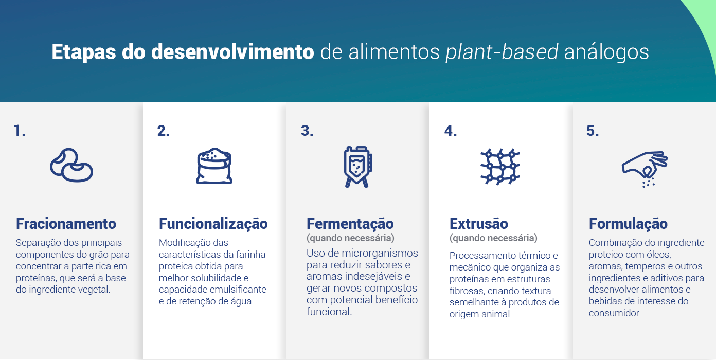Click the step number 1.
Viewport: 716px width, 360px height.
[x=20, y=131]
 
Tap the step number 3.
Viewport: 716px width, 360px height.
[x=307, y=131]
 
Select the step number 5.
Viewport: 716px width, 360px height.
[x=592, y=131]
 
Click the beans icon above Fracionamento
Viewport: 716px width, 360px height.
[x=71, y=166]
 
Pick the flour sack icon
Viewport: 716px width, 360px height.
[x=214, y=166]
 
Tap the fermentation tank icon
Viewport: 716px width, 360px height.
[x=357, y=166]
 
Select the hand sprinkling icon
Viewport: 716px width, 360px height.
[x=644, y=168]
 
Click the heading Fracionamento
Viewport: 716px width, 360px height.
[x=66, y=224]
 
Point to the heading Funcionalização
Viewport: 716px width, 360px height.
[x=213, y=224]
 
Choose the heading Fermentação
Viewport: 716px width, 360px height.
[x=350, y=224]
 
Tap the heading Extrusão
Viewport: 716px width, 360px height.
[x=478, y=224]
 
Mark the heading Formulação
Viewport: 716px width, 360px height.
[x=628, y=224]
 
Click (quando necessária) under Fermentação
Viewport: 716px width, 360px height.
[x=350, y=238]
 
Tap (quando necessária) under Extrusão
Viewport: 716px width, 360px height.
[x=493, y=238]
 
